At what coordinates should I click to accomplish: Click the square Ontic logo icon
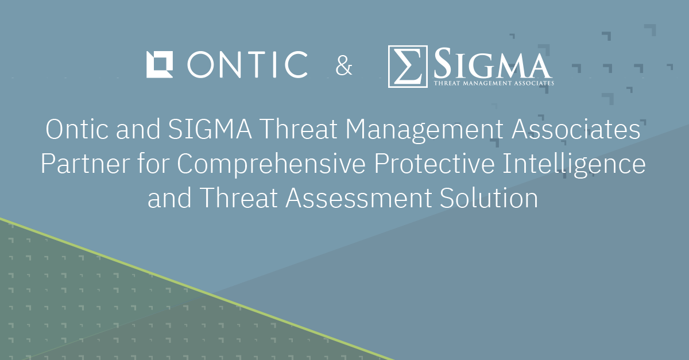click(x=160, y=64)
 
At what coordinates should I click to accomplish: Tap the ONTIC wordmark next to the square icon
click(x=247, y=64)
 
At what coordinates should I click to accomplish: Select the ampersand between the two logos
click(x=344, y=66)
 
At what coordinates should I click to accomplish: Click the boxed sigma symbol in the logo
click(x=408, y=67)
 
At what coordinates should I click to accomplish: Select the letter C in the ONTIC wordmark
click(x=294, y=64)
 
